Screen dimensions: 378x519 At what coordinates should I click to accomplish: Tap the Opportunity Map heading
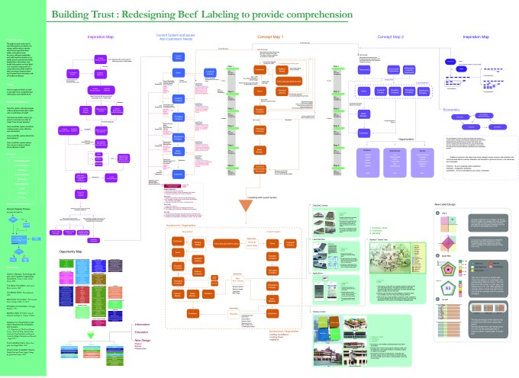click(75, 250)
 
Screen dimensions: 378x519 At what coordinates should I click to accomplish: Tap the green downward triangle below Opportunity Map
click(74, 336)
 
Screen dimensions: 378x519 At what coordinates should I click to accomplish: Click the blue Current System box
click(179, 57)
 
